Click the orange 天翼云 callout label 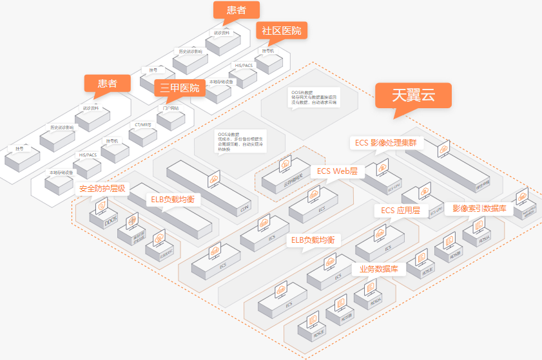pos(414,95)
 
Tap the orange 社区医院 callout pos(281,31)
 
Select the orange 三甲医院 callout pos(180,88)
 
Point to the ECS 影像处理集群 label pos(389,142)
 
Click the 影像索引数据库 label pos(479,209)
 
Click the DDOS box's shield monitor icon pos(102,207)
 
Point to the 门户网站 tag pos(171,108)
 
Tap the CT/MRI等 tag pos(143,124)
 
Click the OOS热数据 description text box pos(314,97)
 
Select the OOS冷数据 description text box pos(233,141)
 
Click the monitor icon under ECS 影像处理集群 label pos(443,149)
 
